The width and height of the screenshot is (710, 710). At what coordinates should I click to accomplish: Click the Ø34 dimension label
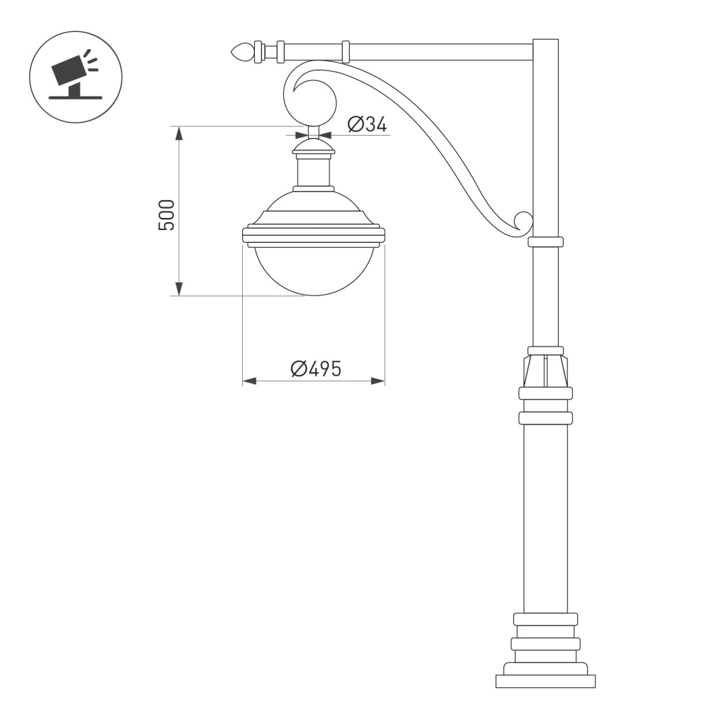[x=367, y=125]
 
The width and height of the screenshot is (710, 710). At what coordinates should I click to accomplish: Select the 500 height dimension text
[x=166, y=214]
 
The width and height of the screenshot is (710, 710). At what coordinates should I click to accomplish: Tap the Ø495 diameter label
[x=316, y=369]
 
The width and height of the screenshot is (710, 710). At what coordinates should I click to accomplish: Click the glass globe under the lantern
[x=313, y=270]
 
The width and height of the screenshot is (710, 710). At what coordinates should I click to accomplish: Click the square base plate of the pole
[x=545, y=681]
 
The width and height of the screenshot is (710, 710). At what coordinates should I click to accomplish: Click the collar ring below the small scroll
[x=545, y=242]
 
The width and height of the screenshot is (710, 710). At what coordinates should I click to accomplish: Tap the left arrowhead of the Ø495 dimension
[x=249, y=381]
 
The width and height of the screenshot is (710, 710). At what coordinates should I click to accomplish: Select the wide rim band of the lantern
[x=313, y=235]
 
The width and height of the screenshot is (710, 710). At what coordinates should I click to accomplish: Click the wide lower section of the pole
[x=545, y=518]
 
